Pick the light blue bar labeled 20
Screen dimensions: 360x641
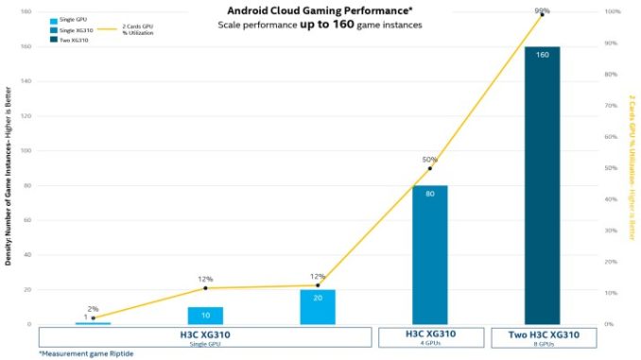pos(318,306)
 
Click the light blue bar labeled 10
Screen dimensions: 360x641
pos(205,315)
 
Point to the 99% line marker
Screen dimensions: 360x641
pos(542,14)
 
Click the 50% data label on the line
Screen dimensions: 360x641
pos(428,159)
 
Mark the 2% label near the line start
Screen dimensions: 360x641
pos(93,308)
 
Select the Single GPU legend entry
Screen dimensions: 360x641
pos(71,19)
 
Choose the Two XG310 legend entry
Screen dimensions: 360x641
pos(71,41)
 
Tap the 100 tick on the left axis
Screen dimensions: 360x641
pos(26,150)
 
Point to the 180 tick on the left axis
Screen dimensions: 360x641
pos(26,11)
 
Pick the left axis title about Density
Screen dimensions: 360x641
pos(8,180)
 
